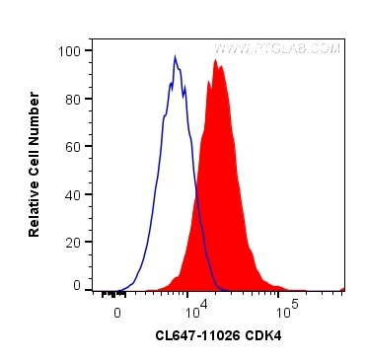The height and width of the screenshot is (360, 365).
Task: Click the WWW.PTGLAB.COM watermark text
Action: (x=277, y=47)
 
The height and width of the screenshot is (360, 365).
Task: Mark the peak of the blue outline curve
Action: (x=175, y=57)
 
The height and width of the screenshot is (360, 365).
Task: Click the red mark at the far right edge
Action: (x=342, y=289)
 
